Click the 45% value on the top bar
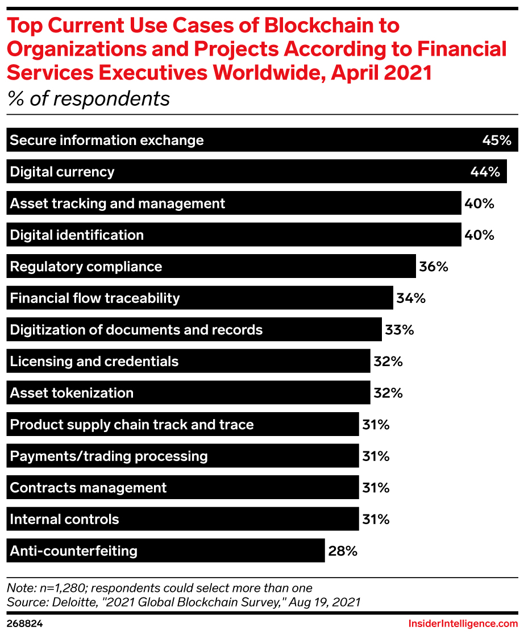click(497, 140)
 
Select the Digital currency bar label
click(63, 172)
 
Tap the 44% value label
click(485, 172)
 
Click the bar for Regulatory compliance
click(211, 266)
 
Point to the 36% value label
click(434, 266)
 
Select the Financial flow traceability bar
click(199, 298)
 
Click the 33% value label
click(399, 330)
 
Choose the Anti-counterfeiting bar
click(165, 550)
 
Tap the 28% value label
click(342, 550)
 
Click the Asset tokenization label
click(72, 393)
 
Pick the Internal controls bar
click(182, 519)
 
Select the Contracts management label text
click(89, 488)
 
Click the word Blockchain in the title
click(342, 26)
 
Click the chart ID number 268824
click(25, 624)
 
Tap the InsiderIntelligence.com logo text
click(463, 624)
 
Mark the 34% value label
click(410, 298)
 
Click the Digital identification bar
click(234, 235)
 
